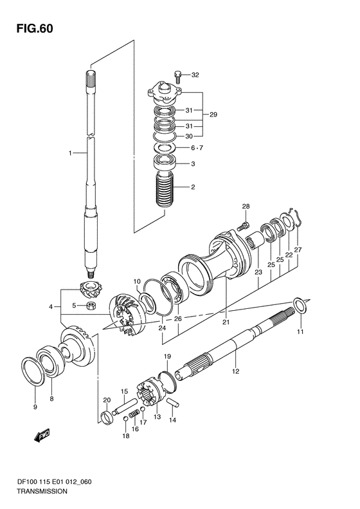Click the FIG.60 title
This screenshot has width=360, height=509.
pyautogui.click(x=35, y=29)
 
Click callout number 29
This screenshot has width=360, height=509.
pyautogui.click(x=213, y=115)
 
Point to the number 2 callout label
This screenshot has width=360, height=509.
pyautogui.click(x=193, y=187)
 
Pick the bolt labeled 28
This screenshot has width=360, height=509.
pyautogui.click(x=244, y=226)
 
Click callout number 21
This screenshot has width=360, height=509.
pyautogui.click(x=226, y=322)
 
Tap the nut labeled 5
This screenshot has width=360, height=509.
pyautogui.click(x=91, y=306)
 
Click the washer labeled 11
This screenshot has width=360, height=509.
pyautogui.click(x=300, y=305)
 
